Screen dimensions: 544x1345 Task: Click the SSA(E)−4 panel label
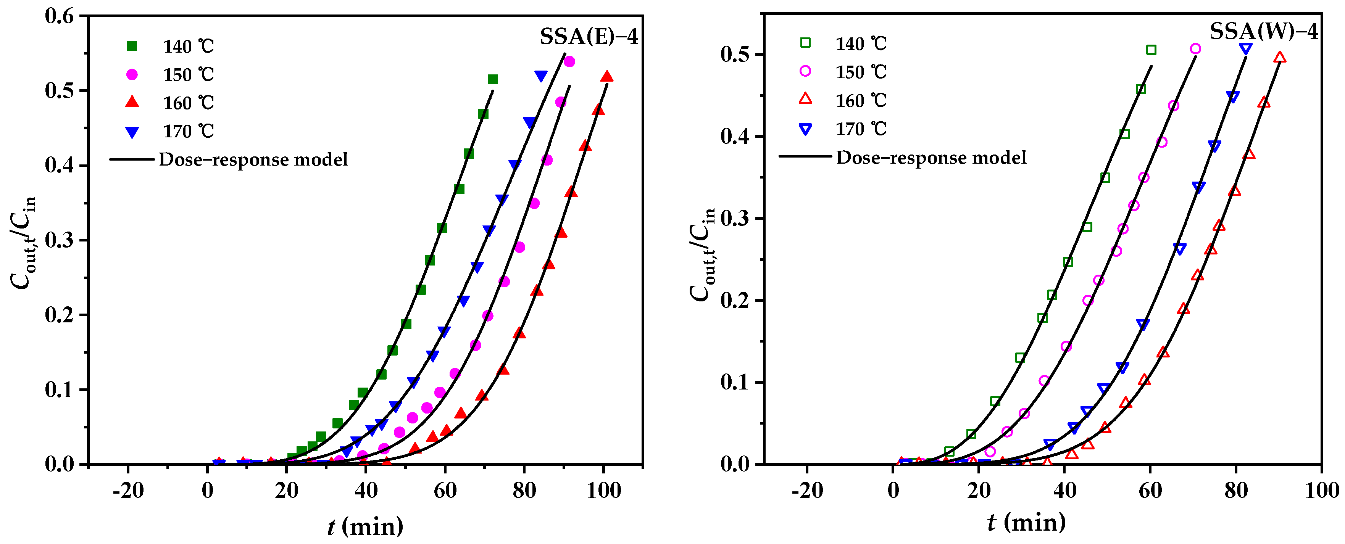pos(589,37)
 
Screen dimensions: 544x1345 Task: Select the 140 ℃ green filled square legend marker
pos(132,47)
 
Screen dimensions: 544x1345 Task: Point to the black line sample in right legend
pos(805,156)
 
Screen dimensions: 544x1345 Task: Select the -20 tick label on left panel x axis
pos(128,491)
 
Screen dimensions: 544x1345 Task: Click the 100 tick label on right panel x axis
pos(1321,491)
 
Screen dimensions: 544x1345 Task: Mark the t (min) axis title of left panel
pos(365,526)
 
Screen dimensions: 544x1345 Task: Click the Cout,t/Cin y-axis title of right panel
pos(702,255)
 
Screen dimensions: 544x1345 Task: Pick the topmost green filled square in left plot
pos(492,79)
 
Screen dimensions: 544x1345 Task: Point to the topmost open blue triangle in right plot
pos(1246,48)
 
